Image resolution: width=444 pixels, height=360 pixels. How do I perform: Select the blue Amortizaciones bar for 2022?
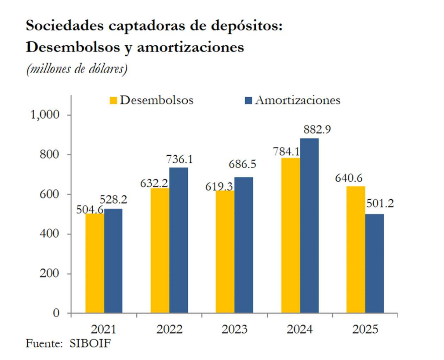(178, 240)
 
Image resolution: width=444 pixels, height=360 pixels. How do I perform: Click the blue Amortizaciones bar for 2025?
(375, 264)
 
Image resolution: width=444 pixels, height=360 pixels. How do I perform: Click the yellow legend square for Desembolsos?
(113, 101)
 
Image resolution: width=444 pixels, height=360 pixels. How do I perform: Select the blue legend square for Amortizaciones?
(248, 101)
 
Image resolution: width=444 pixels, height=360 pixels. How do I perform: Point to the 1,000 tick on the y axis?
(44, 115)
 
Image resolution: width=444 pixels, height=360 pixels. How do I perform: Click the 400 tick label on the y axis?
(50, 234)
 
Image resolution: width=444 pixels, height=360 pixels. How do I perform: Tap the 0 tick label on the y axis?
(56, 313)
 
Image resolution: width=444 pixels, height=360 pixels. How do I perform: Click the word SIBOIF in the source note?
(90, 343)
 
